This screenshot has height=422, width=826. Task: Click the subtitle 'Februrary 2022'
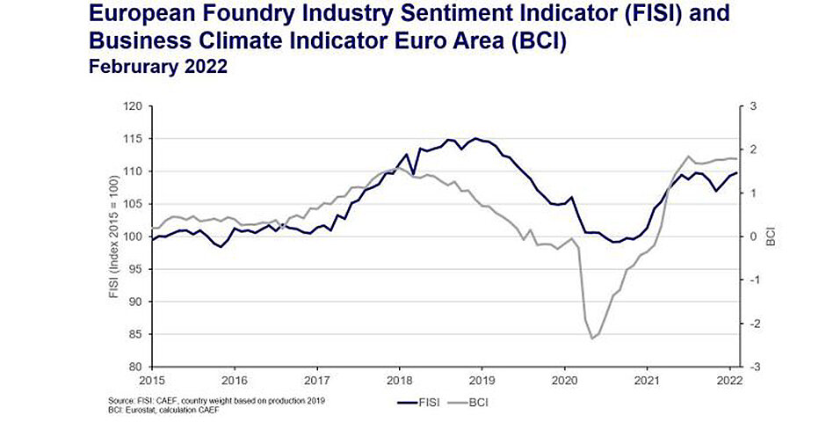(159, 68)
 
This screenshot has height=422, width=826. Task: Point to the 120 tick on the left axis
(133, 106)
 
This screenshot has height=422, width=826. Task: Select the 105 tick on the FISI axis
(133, 204)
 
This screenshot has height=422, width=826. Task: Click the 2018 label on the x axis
(399, 381)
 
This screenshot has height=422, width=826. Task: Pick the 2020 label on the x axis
(564, 381)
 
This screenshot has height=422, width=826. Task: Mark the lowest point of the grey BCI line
(591, 338)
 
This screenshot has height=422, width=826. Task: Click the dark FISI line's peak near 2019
(476, 138)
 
